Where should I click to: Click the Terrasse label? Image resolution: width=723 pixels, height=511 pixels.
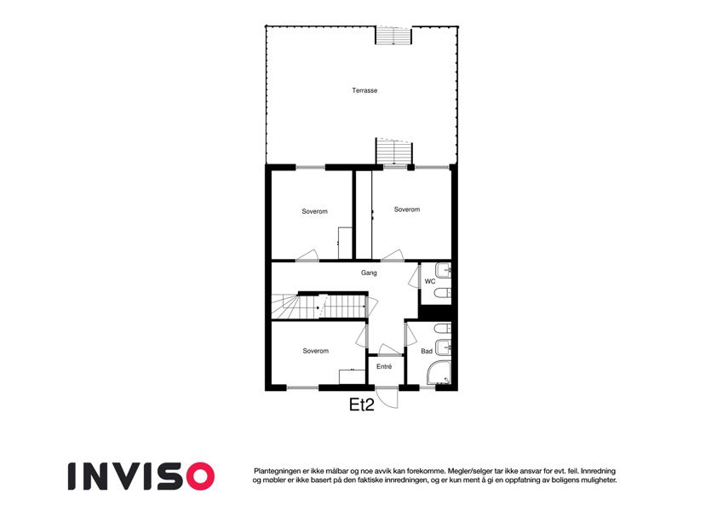coord(364,90)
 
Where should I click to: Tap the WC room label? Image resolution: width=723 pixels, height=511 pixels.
coord(430,281)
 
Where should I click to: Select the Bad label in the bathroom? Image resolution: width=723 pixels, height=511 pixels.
coord(427,352)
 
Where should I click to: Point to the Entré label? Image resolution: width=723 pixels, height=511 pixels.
coord(384,367)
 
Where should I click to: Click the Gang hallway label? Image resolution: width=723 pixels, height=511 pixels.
coord(369,273)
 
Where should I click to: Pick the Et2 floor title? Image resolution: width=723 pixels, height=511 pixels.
coord(361,405)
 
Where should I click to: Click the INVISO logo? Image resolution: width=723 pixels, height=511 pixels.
coord(141,476)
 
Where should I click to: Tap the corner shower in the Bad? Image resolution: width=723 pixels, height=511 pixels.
coord(439,373)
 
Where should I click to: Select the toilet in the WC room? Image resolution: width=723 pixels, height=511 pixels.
coord(443,293)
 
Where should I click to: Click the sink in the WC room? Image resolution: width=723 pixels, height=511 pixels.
coord(443,270)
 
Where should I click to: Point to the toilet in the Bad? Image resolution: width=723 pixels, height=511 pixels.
coord(443,330)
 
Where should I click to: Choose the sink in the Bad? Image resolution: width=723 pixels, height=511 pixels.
coord(443,347)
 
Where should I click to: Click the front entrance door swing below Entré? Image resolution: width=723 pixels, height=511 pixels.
coord(387,399)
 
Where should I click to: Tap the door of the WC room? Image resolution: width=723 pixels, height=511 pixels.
coord(414,276)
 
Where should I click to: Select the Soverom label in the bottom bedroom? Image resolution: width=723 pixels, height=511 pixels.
coord(316,351)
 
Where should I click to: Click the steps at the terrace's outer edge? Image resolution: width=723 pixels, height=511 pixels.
coord(393,36)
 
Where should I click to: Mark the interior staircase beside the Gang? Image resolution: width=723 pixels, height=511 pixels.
coord(319,307)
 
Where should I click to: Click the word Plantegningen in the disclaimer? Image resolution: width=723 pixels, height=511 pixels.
coord(276,471)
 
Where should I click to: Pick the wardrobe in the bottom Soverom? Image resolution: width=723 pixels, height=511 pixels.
coord(353,376)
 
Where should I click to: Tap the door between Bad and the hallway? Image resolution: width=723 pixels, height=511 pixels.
coord(410,335)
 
